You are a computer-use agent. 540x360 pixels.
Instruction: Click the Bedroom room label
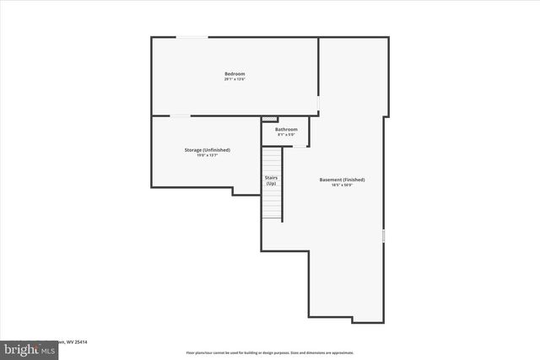point(235,74)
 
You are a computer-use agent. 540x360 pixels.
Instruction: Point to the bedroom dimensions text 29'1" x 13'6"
point(235,79)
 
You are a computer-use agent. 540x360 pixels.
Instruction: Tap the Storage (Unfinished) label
point(208,149)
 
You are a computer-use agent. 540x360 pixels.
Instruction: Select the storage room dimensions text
point(208,155)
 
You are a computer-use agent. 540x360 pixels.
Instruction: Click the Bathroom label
point(286,129)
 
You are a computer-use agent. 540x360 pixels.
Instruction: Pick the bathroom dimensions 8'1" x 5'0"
point(286,134)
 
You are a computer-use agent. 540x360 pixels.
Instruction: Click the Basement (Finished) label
point(342,180)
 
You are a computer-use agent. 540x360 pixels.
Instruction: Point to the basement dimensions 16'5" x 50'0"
point(342,185)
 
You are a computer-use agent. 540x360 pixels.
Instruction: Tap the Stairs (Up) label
point(272,180)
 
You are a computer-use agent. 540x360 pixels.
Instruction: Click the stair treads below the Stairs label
point(272,203)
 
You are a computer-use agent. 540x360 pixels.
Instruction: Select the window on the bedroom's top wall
point(192,37)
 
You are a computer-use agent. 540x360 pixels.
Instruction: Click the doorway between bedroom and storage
point(181,116)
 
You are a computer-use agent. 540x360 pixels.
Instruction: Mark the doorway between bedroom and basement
point(318,103)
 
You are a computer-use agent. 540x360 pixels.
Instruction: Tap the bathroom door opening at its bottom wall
point(299,147)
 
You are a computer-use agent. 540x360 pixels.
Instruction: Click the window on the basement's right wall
point(384,237)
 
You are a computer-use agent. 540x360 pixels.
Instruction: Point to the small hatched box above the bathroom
point(270,119)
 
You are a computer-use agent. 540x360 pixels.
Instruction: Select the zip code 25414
point(79,342)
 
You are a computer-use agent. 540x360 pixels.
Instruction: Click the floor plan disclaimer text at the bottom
point(270,352)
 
